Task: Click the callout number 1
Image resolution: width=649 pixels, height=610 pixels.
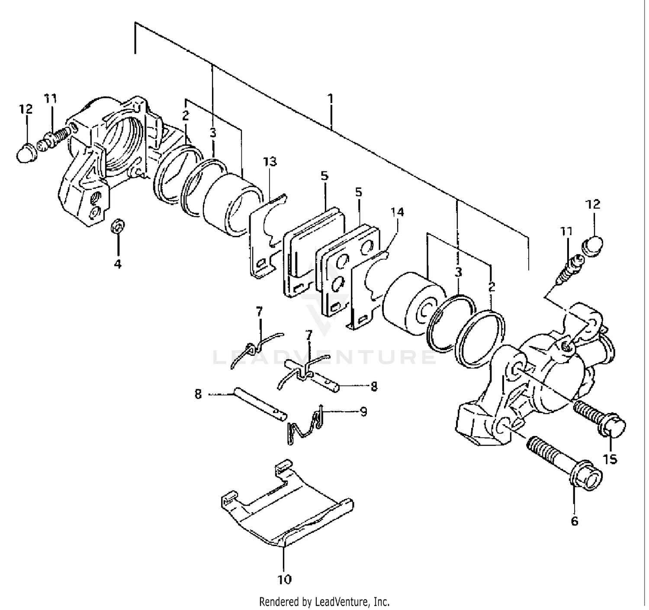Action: click(331, 99)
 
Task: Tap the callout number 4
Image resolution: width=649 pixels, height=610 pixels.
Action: click(118, 263)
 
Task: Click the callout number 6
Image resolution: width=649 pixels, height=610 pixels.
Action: click(574, 521)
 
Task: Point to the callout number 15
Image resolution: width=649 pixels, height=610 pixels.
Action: click(610, 459)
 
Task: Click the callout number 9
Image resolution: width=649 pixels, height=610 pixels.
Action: click(363, 411)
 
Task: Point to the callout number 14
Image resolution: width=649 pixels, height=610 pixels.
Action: click(397, 212)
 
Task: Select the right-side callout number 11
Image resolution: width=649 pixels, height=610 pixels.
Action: click(566, 231)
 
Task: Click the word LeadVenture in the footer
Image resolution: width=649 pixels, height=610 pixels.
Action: click(342, 602)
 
